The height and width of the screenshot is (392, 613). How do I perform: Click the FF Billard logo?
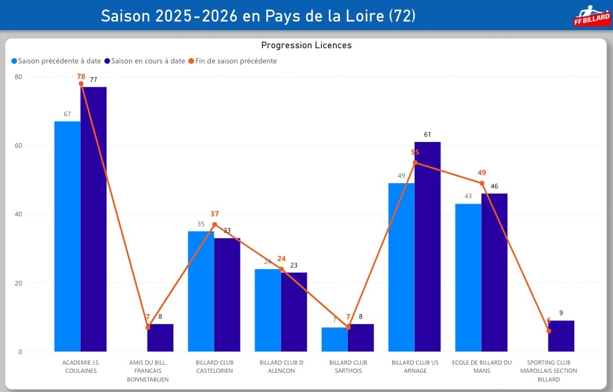(590, 16)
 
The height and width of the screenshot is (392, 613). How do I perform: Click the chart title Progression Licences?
(306, 45)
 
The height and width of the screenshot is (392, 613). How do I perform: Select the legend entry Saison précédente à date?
(56, 60)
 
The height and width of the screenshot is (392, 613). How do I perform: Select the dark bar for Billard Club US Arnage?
(428, 247)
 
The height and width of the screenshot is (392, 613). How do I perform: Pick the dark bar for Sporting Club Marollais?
(561, 336)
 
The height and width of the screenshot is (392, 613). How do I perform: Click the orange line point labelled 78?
(81, 84)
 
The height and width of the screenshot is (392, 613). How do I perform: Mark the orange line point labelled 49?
(482, 183)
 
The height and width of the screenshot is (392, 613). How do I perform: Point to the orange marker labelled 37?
(214, 224)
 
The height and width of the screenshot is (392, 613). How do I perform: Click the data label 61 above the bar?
(428, 135)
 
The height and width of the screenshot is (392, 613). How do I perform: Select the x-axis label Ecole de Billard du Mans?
(482, 366)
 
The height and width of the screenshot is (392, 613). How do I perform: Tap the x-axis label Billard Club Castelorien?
(214, 366)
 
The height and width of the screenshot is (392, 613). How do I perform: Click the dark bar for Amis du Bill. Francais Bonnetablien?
(160, 338)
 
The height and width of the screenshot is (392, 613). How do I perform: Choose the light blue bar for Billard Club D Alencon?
(268, 311)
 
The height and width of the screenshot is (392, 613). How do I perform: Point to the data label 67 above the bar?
(67, 114)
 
